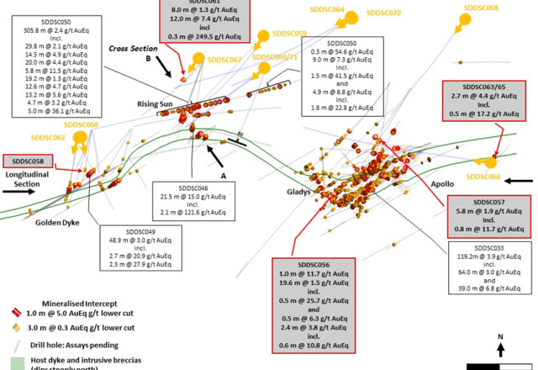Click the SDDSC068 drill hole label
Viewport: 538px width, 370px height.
(x=481, y=8)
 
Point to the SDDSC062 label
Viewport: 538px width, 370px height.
(x=49, y=137)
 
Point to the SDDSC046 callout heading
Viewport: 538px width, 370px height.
(x=195, y=188)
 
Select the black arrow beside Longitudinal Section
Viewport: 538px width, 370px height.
(x=16, y=190)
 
